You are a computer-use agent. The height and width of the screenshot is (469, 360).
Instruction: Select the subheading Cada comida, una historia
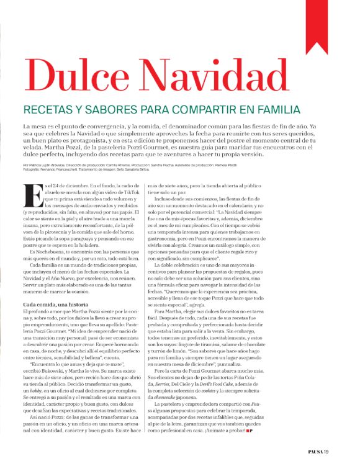click(56, 287)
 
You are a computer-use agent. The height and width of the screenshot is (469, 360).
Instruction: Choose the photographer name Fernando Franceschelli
click(71, 169)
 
